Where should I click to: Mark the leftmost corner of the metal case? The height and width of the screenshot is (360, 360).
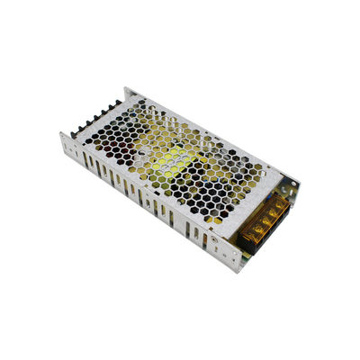tap(60, 137)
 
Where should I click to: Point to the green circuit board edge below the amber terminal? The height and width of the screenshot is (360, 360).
tap(261, 243)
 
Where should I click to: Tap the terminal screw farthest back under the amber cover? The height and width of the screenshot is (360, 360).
tap(280, 205)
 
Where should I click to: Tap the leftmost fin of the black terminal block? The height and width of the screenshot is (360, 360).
tap(76, 132)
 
